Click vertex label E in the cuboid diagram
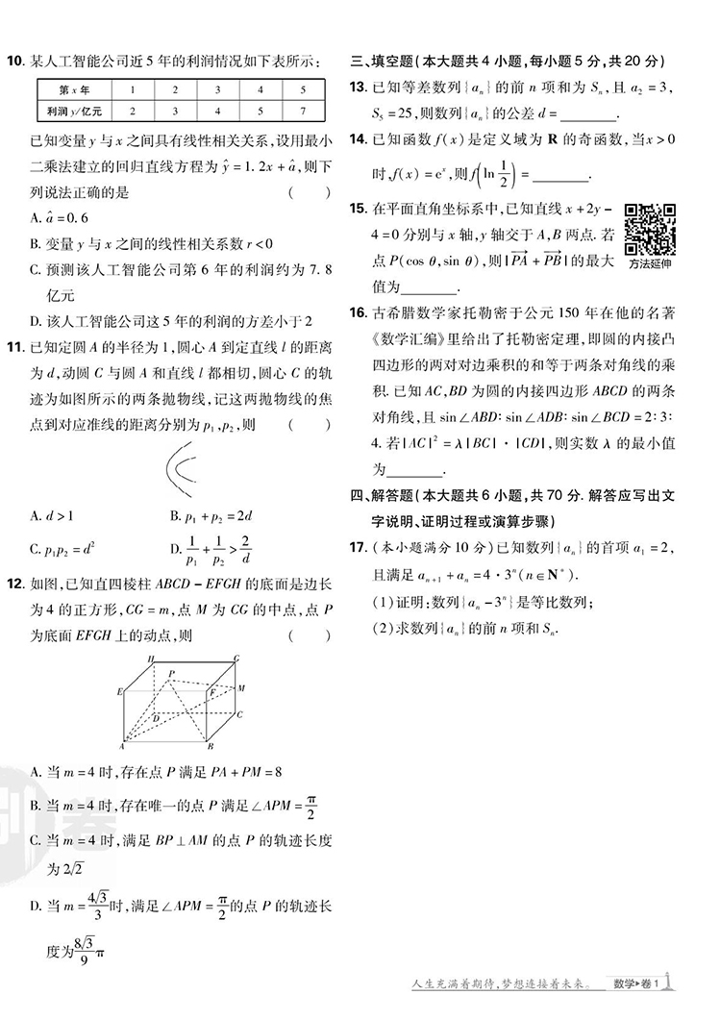click(x=119, y=691)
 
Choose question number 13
click(x=358, y=87)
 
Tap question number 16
click(x=358, y=312)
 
